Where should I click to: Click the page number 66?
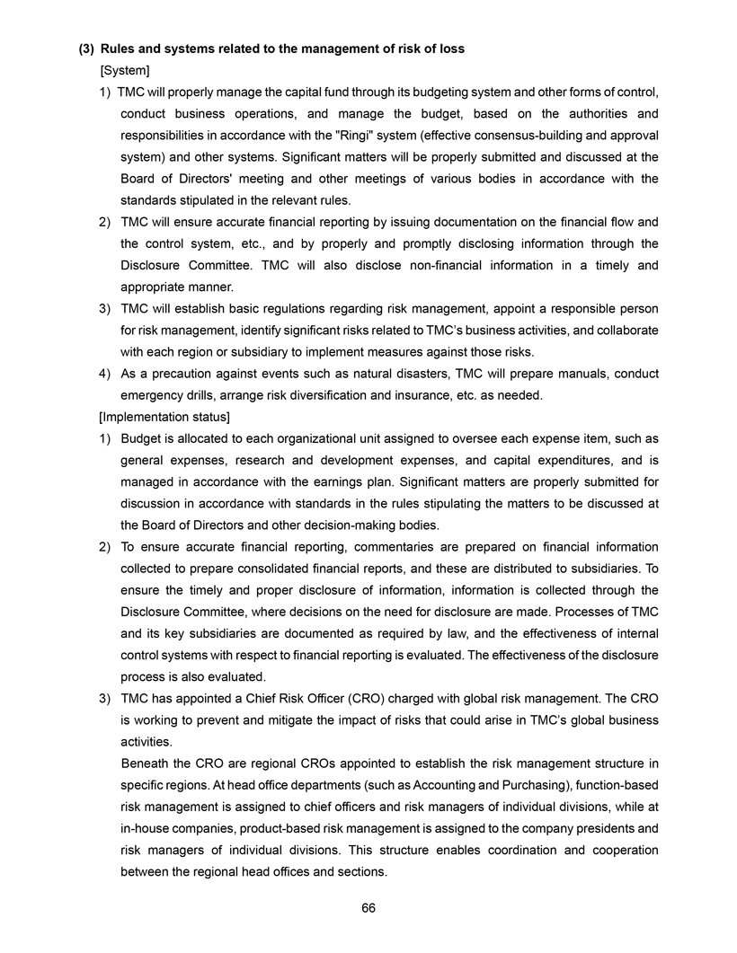tap(368, 907)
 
